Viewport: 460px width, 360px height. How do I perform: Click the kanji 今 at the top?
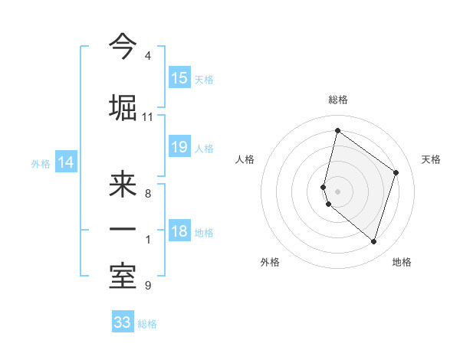123,47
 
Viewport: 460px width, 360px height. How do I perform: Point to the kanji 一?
123,229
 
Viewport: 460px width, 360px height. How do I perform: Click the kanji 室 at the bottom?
123,277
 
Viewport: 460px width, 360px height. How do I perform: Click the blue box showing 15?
179,78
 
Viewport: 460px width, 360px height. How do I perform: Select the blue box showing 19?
179,147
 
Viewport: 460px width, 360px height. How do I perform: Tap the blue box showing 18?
179,232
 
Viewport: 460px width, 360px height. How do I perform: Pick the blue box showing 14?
65,162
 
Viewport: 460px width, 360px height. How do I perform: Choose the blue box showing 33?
123,322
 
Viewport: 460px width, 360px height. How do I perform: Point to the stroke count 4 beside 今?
147,57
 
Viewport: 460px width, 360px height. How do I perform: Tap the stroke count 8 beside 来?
147,194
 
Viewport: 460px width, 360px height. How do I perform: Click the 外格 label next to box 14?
41,163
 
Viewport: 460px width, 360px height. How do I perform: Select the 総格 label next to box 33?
147,324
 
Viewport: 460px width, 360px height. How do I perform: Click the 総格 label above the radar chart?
338,100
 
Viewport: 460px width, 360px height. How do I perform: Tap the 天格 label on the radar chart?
432,159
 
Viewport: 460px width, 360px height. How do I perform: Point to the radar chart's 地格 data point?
373,241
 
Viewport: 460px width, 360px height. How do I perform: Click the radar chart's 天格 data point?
396,172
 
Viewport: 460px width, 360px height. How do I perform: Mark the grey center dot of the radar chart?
338,191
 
